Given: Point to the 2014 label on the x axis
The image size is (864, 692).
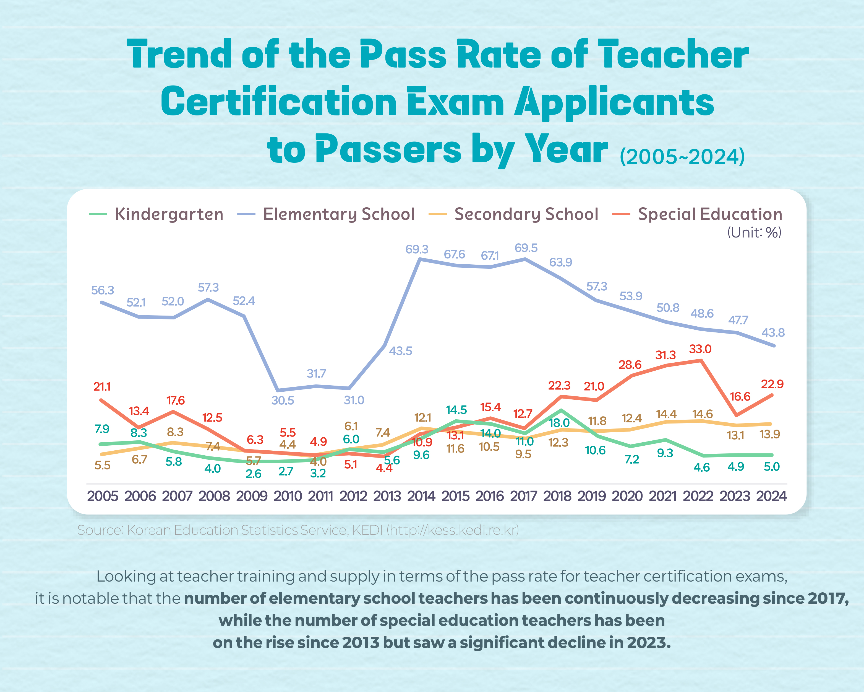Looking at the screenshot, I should pyautogui.click(x=421, y=496).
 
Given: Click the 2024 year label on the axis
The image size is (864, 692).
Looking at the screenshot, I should pyautogui.click(x=771, y=496).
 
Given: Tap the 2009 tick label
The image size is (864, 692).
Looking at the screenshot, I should pyautogui.click(x=252, y=496).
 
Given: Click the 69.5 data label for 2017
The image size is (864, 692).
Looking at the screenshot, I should pyautogui.click(x=526, y=248).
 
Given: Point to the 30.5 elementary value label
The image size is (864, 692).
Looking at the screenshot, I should pyautogui.click(x=283, y=400).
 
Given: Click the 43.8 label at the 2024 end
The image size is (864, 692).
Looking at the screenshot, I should pyautogui.click(x=773, y=332).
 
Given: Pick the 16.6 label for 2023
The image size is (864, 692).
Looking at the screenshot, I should pyautogui.click(x=740, y=397).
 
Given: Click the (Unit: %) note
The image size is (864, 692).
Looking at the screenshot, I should pyautogui.click(x=754, y=233).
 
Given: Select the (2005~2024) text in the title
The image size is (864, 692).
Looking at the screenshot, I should pyautogui.click(x=682, y=156).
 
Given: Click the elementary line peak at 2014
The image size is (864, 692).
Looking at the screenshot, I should pyautogui.click(x=420, y=259).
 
